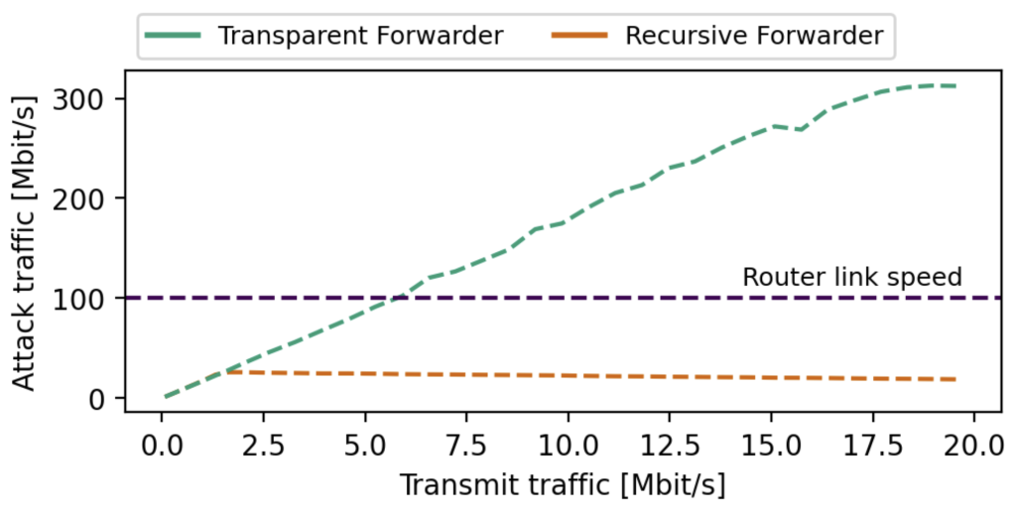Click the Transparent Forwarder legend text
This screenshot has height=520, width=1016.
click(x=360, y=37)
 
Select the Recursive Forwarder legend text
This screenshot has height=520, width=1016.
click(x=753, y=37)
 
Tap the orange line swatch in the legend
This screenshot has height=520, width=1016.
click(x=580, y=37)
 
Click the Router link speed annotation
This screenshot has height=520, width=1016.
click(x=851, y=277)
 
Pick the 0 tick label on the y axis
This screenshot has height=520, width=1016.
click(x=107, y=398)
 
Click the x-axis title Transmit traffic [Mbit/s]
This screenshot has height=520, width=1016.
click(x=563, y=485)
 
